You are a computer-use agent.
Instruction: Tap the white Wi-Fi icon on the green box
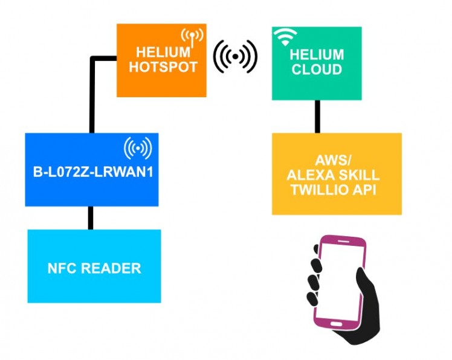(x=284, y=36)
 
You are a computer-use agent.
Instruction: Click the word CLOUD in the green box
(x=317, y=69)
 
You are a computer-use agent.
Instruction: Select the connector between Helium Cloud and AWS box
(x=317, y=116)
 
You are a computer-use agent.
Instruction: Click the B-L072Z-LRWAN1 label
(x=91, y=171)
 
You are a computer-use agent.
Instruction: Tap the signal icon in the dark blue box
(x=138, y=147)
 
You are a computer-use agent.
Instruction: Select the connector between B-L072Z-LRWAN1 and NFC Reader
(x=91, y=217)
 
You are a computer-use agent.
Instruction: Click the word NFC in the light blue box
(x=61, y=268)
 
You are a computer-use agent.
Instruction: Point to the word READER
(x=109, y=268)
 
